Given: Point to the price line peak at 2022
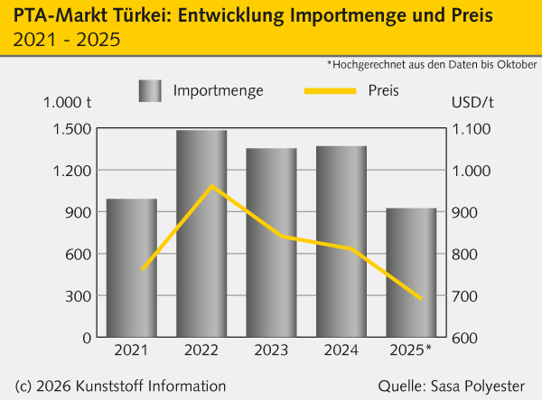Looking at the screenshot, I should coord(212,186).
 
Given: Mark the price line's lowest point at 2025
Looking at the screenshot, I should coord(421,298).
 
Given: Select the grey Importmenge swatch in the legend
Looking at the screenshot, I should coord(150,90).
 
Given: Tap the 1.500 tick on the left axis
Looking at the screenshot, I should coord(72,129).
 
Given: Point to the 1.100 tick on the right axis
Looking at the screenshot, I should coord(471,129).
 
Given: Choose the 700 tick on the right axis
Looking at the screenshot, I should coord(466,296).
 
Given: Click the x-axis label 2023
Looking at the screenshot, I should coord(272,349).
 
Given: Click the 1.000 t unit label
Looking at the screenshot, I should coord(68,103).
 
